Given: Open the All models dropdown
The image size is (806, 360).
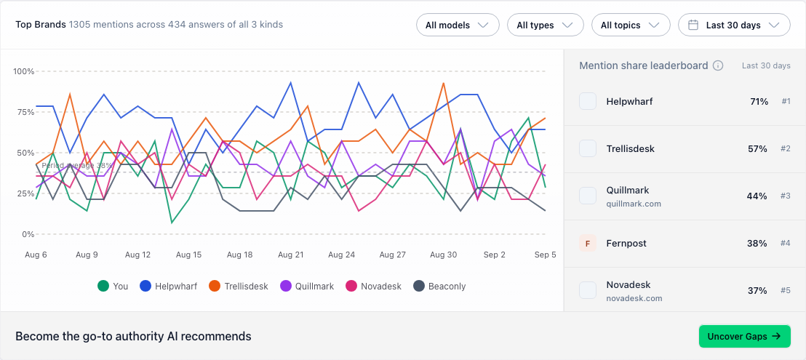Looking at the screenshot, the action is point(458,25).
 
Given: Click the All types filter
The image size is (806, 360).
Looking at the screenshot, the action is point(546,25).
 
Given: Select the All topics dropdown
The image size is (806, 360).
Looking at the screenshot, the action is point(631,25).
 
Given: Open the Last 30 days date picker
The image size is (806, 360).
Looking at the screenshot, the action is point(734,25).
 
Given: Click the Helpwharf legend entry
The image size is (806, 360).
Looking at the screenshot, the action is point(169,286).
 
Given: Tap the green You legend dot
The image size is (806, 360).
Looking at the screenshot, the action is point(103,286).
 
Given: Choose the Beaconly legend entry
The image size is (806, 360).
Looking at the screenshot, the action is point(439,286).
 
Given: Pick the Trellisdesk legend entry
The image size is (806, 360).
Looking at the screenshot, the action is point(239,286).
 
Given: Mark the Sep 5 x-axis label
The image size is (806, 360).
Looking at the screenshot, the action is point(546,255).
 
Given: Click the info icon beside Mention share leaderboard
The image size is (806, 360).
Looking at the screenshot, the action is point(718,65).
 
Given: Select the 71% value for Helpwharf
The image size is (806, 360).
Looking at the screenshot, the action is point(759,102).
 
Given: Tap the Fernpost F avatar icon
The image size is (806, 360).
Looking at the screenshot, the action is point(588,244).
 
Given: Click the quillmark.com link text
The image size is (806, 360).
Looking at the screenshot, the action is point(634,204).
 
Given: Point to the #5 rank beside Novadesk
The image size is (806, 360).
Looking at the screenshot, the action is point(786,291).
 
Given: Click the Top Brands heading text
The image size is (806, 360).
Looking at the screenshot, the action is point(41,25).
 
